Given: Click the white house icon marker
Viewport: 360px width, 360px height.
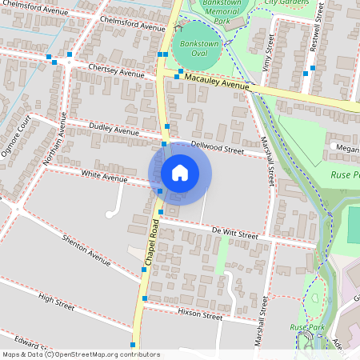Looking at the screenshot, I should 180,173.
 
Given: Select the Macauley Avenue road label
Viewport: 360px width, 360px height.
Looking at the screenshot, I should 217,82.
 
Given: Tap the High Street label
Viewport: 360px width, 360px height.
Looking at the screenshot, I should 56,301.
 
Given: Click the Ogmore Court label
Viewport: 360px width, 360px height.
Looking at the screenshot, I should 18,137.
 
